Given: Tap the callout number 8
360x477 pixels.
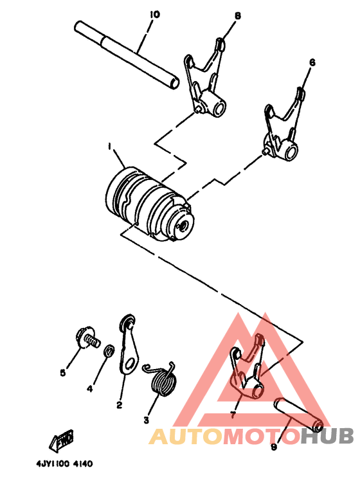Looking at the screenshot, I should point(237,15).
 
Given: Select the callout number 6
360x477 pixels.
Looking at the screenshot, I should point(312,62).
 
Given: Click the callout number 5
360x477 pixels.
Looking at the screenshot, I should point(63,372).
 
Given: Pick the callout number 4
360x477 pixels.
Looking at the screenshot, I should point(90,388).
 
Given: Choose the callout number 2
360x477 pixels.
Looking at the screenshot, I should point(119,405).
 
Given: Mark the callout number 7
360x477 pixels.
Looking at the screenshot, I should point(232,416).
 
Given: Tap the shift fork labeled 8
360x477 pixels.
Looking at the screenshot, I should point(206,80).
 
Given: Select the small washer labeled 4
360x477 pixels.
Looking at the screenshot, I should point(109,351).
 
